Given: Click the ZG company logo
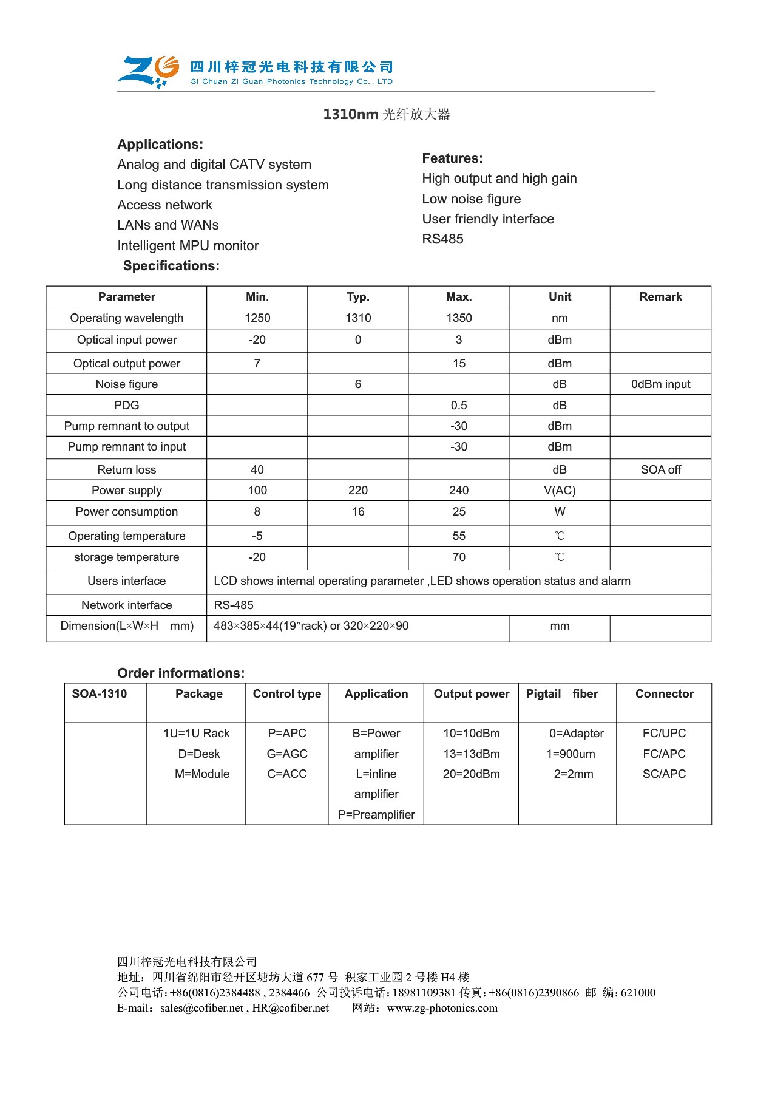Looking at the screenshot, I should coord(148,71).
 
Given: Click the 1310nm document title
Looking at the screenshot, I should coord(387,114).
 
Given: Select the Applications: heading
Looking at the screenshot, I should coord(160,145).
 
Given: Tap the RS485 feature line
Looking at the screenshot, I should coord(442,239).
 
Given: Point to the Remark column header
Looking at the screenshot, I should coord(660,297).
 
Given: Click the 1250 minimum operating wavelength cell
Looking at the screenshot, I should coord(257,318).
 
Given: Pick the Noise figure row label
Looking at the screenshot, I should coord(126,384).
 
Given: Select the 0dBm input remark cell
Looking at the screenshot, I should coord(660,384).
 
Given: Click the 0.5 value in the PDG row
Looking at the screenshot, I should coord(459,406).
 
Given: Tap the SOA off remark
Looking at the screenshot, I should coord(660,470).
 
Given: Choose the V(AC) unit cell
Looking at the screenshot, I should coord(560,491).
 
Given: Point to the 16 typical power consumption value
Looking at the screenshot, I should coord(358,512).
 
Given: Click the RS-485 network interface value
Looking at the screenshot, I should coord(234,605).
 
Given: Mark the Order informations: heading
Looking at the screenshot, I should coord(181,673).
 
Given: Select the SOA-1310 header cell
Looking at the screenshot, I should coord(100,694).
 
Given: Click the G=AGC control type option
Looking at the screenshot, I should coord(287,754).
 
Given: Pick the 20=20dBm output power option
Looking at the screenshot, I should coord(472,774).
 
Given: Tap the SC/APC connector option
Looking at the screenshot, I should coord(664,774).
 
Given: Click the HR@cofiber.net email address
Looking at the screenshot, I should coord(291,1009).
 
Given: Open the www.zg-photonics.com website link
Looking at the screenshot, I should coord(442,1009).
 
